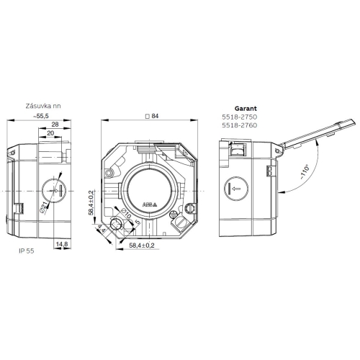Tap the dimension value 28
pyautogui.click(x=55, y=124)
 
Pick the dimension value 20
pyautogui.click(x=50, y=133)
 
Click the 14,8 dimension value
pyautogui.click(x=61, y=244)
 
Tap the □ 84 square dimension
pyautogui.click(x=151, y=115)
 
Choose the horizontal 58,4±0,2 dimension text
pyautogui.click(x=142, y=246)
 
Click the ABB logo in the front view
pyautogui.click(x=150, y=204)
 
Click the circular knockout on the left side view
pyautogui.click(x=54, y=190)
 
